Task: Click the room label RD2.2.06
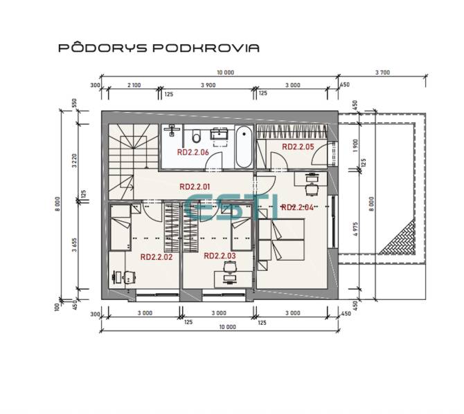193,152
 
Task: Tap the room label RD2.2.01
195,186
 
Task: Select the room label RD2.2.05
298,147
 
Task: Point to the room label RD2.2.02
156,256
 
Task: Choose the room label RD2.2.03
220,256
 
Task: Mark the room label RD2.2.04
298,207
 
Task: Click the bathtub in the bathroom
244,147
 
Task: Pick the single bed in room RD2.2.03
242,233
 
